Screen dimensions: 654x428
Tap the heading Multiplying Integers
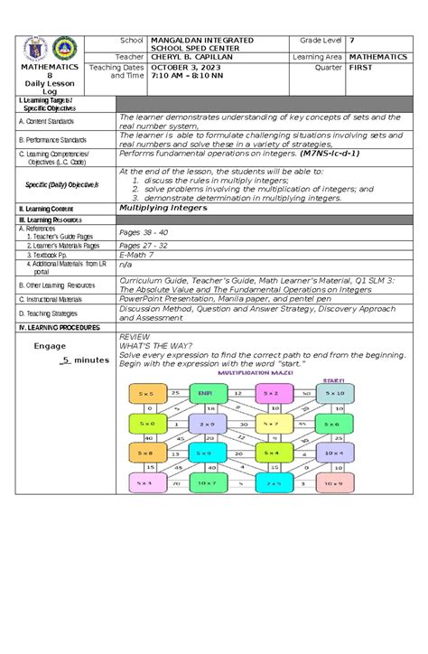(x=163, y=208)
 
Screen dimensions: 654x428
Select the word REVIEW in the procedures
(x=135, y=334)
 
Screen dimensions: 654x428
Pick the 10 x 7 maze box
(x=204, y=484)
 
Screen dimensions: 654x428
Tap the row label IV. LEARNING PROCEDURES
(x=55, y=325)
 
